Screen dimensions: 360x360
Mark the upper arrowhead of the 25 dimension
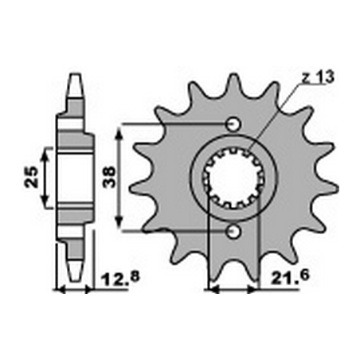(46, 151)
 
